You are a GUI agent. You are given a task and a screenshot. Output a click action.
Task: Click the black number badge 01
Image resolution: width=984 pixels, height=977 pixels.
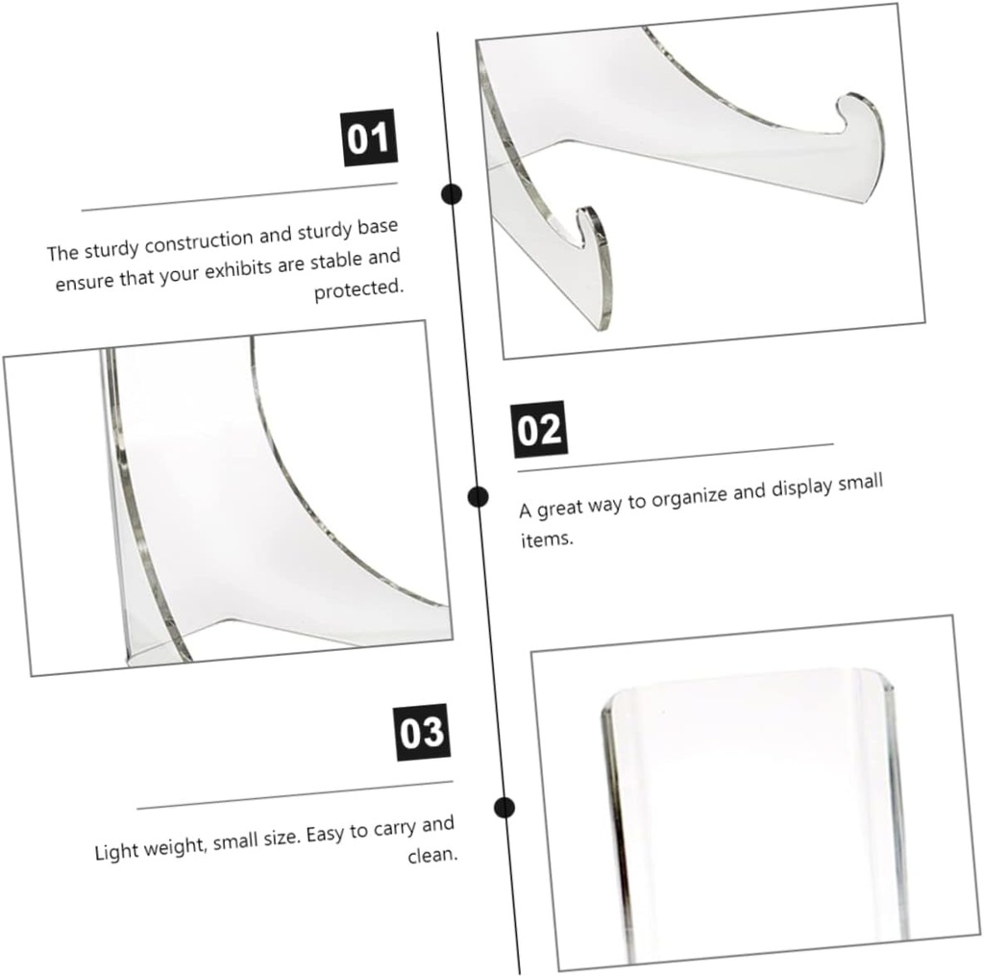tap(369, 138)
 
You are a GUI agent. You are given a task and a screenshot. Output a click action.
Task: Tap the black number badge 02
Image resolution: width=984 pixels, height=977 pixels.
tap(539, 430)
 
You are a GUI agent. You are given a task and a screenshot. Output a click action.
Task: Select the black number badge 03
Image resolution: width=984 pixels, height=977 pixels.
tap(422, 733)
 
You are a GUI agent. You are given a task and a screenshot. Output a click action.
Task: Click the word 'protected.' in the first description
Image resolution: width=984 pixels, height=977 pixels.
tap(359, 289)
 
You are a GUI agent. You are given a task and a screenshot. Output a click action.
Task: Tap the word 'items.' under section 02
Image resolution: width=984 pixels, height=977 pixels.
tap(546, 539)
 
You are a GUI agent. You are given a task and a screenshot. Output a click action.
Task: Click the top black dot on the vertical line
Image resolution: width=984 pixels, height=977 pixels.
tap(452, 194)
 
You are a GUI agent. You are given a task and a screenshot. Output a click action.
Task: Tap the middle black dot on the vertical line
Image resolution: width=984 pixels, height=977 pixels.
tap(478, 496)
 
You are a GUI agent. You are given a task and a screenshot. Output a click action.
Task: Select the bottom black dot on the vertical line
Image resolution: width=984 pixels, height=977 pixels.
tap(504, 807)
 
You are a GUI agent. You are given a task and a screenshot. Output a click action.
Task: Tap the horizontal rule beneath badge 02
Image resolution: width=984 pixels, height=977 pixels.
tap(675, 458)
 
